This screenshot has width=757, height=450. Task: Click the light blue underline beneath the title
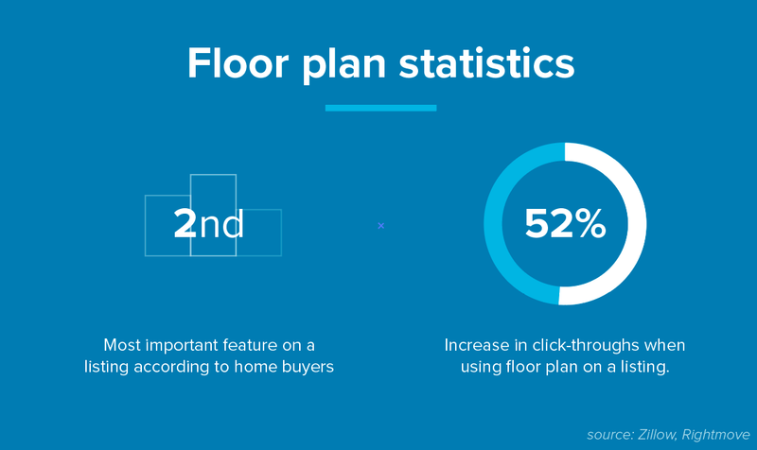[380, 108]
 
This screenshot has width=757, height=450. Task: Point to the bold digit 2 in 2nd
[185, 223]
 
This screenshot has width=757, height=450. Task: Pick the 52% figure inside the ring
[565, 223]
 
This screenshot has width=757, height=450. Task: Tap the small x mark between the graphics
[380, 225]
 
